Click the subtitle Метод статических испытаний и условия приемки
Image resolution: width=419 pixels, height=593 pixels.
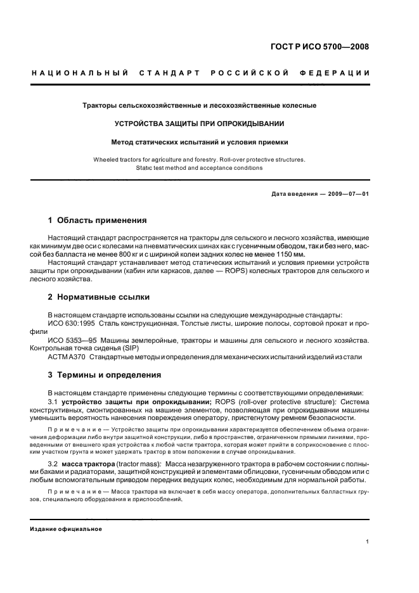199,143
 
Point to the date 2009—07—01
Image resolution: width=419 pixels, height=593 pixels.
346,194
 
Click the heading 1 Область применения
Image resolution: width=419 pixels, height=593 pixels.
97,220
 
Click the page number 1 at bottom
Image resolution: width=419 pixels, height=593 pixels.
368,542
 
